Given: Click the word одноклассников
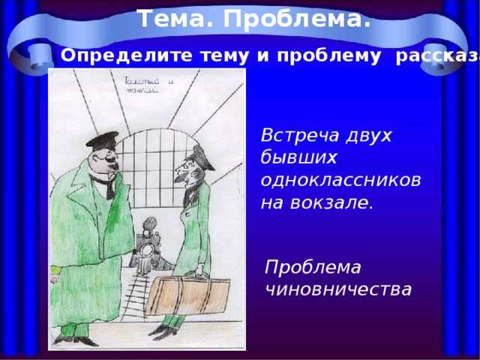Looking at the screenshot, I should [340, 180].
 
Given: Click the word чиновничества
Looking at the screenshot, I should [338, 288].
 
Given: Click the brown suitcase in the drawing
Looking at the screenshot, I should [187, 295].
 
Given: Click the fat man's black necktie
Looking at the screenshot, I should [109, 185].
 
